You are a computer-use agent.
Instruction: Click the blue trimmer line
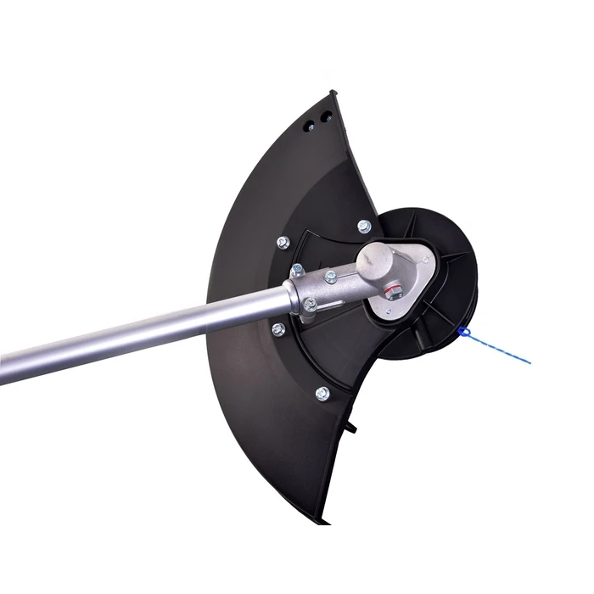[x=501, y=349]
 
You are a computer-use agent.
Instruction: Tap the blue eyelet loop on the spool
[x=463, y=331]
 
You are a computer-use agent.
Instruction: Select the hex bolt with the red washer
[x=391, y=294]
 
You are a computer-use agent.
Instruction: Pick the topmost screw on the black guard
[x=364, y=226]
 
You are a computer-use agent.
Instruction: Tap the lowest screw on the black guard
[x=322, y=393]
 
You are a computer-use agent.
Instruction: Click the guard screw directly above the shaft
[x=283, y=243]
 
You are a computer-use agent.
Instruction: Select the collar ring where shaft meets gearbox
[x=294, y=297]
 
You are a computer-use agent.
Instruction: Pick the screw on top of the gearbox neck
[x=331, y=277]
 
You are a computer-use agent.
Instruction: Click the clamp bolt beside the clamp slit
[x=311, y=303]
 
